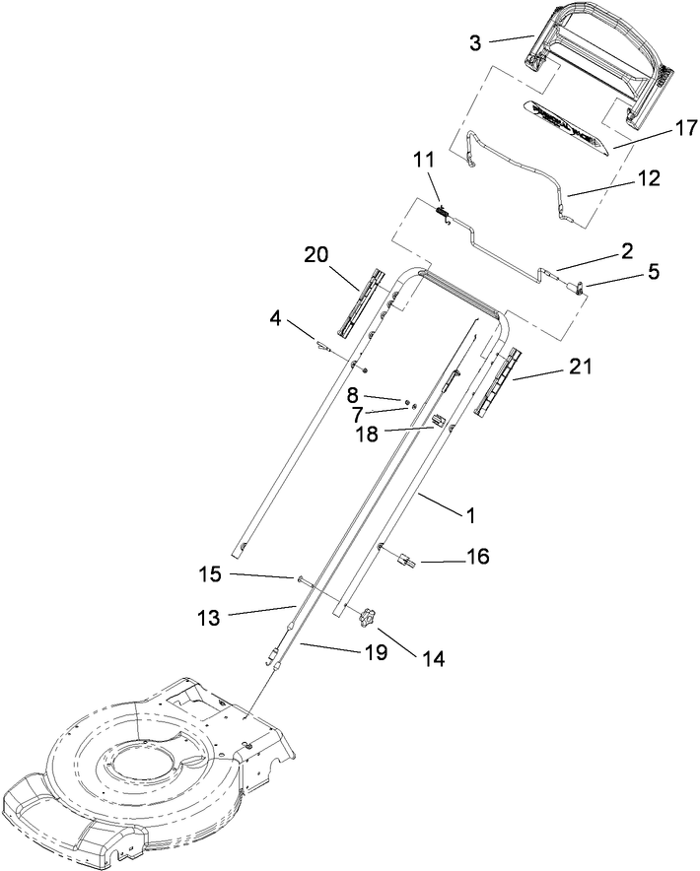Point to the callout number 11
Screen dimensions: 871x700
(x=422, y=159)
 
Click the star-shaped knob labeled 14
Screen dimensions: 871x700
(x=369, y=618)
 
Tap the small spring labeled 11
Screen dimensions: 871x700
(x=444, y=209)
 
